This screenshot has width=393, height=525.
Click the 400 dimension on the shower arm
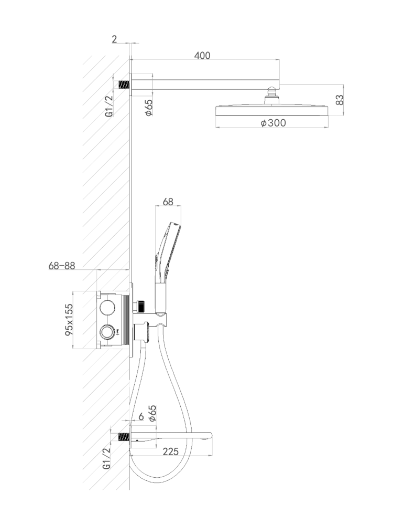pyautogui.click(x=202, y=55)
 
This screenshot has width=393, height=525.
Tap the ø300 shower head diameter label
pyautogui.click(x=273, y=123)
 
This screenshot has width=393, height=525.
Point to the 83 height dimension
pyautogui.click(x=339, y=100)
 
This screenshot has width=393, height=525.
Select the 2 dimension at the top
pyautogui.click(x=114, y=39)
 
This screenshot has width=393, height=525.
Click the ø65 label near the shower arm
pyautogui.click(x=149, y=108)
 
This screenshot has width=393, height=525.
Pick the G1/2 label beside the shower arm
pyautogui.click(x=109, y=106)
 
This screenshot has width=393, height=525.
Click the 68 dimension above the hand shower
pyautogui.click(x=168, y=202)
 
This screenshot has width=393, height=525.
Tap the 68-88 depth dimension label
pyautogui.click(x=62, y=266)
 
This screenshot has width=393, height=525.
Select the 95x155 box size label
pyautogui.click(x=69, y=320)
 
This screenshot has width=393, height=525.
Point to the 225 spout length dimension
pyautogui.click(x=170, y=451)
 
